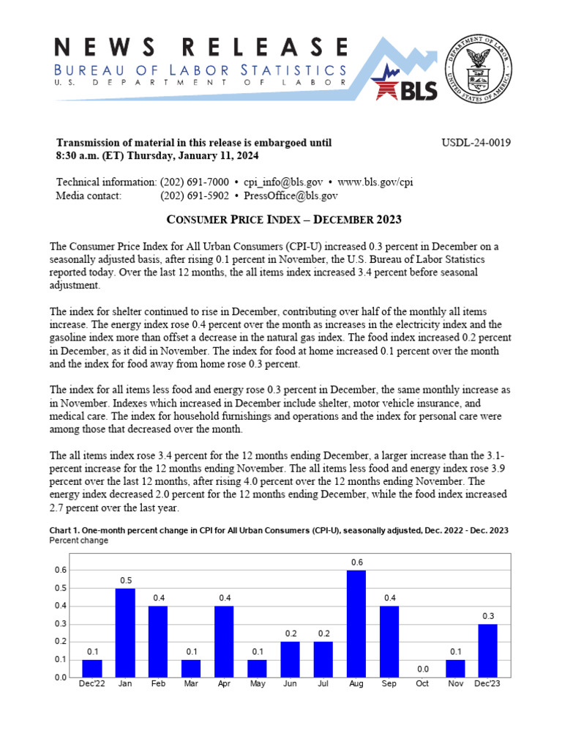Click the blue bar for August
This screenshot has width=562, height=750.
click(x=356, y=623)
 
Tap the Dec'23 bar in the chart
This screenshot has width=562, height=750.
click(x=488, y=650)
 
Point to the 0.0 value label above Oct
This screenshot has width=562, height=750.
click(x=422, y=669)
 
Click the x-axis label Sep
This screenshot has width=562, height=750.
click(x=389, y=684)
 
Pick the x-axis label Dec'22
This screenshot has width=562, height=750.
click(x=92, y=684)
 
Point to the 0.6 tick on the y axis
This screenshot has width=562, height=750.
click(x=61, y=570)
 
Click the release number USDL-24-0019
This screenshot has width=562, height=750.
click(x=476, y=143)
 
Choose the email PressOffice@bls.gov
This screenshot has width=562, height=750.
click(x=291, y=196)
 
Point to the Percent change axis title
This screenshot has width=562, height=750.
click(x=78, y=541)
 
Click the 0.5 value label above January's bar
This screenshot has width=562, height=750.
click(x=125, y=580)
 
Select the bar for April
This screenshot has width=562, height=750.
click(x=225, y=642)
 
